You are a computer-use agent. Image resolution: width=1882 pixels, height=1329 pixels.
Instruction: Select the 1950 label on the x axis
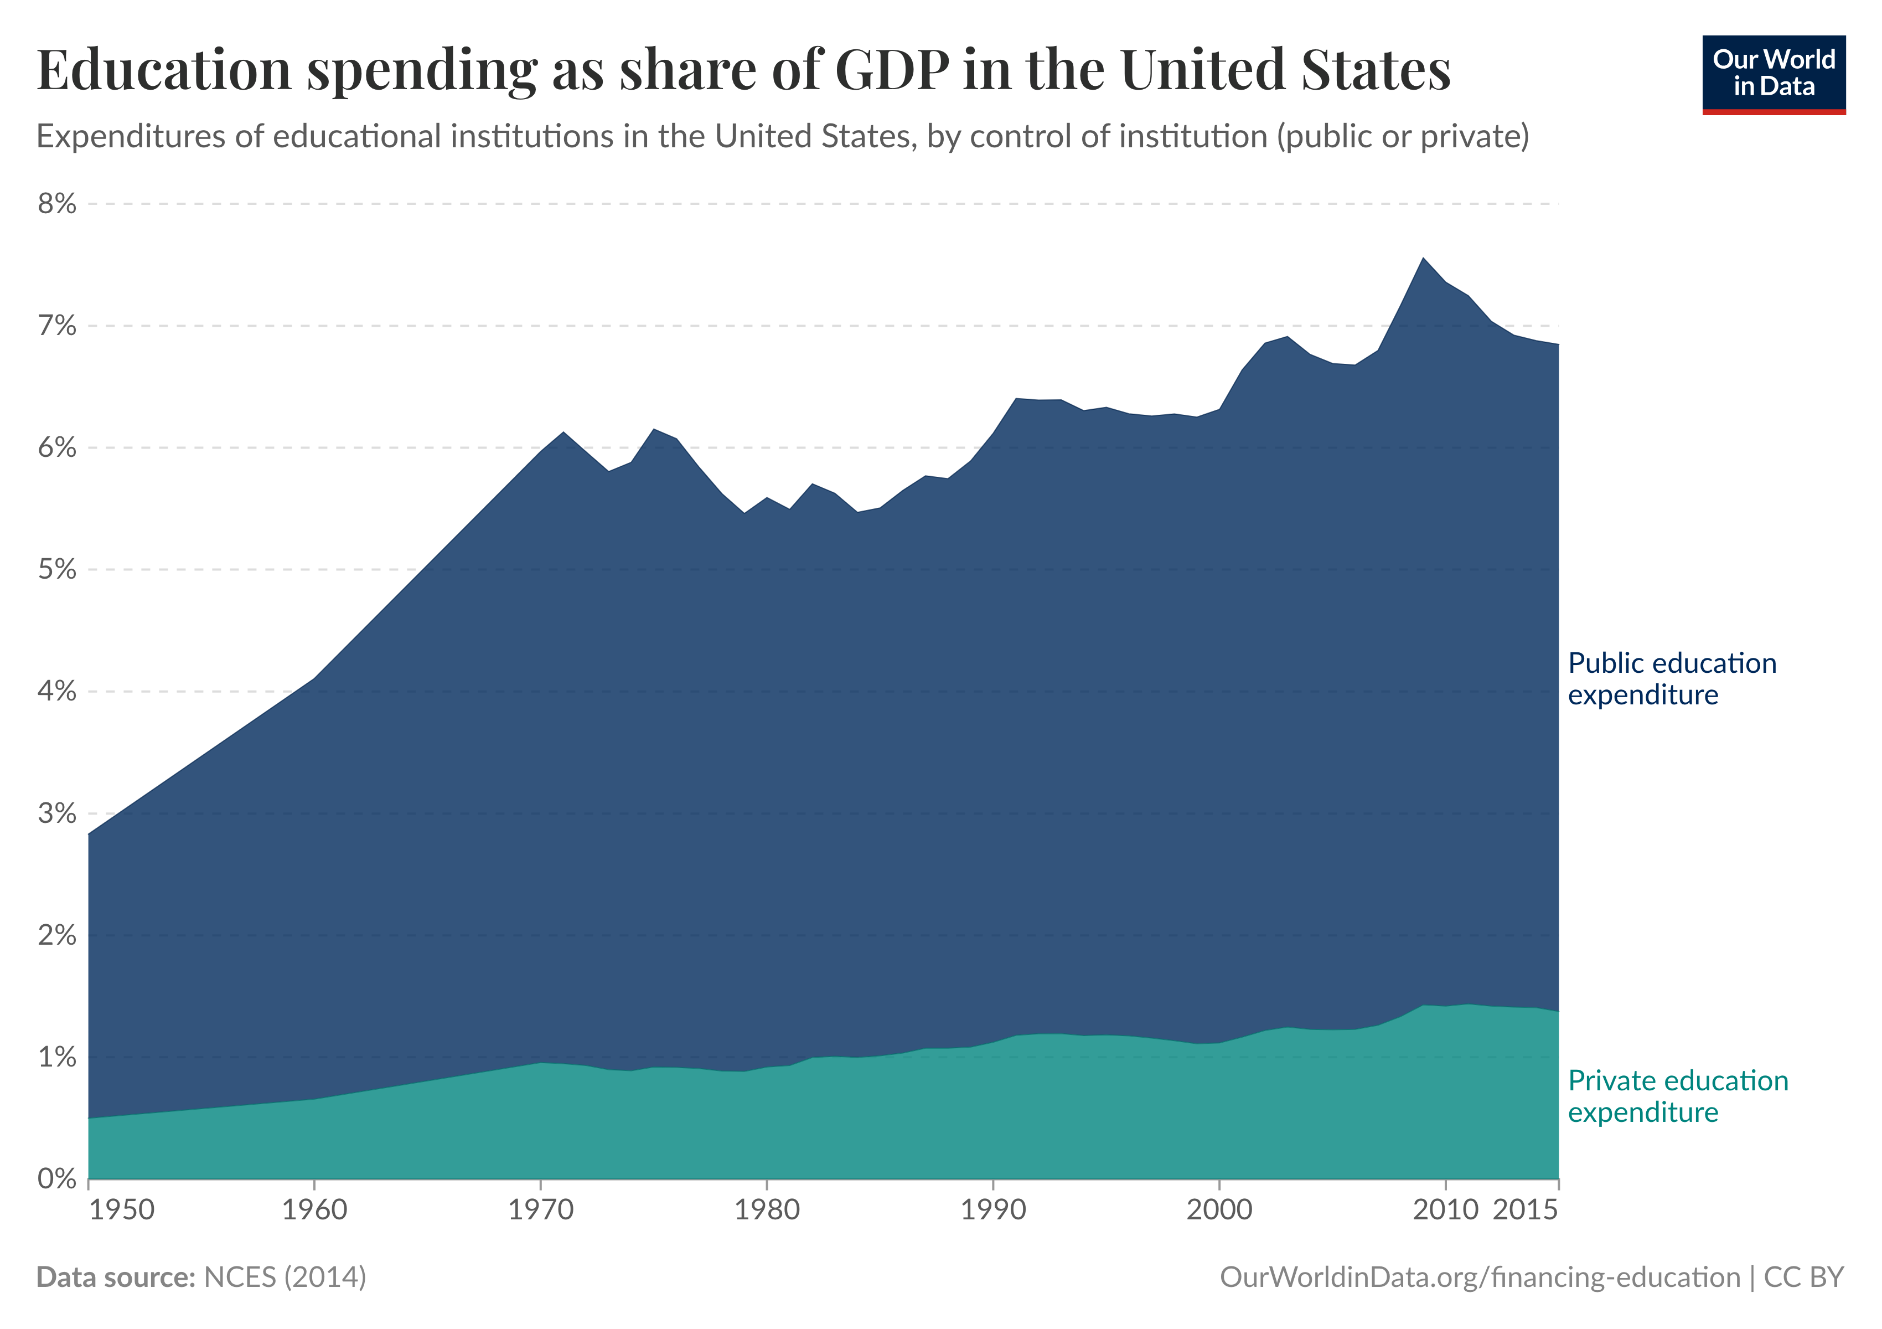point(121,1209)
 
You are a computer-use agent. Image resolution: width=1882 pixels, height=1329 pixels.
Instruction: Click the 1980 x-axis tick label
point(767,1209)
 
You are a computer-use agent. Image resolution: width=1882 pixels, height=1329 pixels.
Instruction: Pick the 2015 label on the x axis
point(1524,1209)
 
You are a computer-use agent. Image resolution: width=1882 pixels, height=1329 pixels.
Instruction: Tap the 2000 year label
point(1219,1209)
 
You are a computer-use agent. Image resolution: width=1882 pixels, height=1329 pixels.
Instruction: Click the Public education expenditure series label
point(1671,679)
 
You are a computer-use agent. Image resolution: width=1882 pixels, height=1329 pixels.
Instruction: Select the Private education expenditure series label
point(1677,1096)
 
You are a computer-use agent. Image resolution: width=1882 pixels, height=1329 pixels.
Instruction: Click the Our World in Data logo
point(1774,74)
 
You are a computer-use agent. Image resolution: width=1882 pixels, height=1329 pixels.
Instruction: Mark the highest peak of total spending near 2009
point(1423,258)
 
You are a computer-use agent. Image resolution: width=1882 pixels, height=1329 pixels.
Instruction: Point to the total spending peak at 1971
point(563,432)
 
